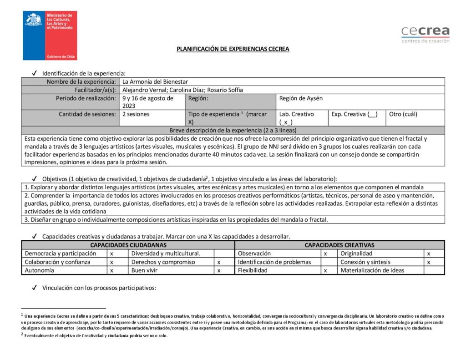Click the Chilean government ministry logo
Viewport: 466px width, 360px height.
click(50, 35)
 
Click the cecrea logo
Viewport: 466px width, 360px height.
click(425, 34)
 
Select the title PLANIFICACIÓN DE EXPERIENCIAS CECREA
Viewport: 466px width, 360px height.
click(233, 49)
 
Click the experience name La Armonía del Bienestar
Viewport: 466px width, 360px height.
click(152, 81)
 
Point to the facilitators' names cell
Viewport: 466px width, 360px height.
click(182, 90)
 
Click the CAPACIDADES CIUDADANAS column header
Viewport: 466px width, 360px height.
click(128, 245)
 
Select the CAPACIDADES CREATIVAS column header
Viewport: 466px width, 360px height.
click(339, 245)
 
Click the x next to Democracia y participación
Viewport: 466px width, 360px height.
click(112, 254)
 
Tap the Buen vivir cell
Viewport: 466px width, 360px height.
click(171, 270)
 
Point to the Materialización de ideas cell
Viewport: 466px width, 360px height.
click(380, 270)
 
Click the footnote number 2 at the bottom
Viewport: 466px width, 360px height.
click(22, 335)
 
